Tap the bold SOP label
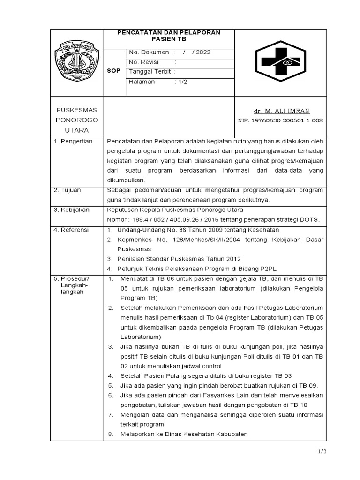pyautogui.click(x=114, y=71)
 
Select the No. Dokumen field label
pyautogui.click(x=149, y=52)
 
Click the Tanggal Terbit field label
pyautogui.click(x=150, y=72)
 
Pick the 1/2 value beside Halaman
pyautogui.click(x=181, y=82)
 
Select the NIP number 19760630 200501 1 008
pyautogui.click(x=280, y=120)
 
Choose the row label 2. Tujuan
pyautogui.click(x=68, y=190)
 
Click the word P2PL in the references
pyautogui.click(x=268, y=269)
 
